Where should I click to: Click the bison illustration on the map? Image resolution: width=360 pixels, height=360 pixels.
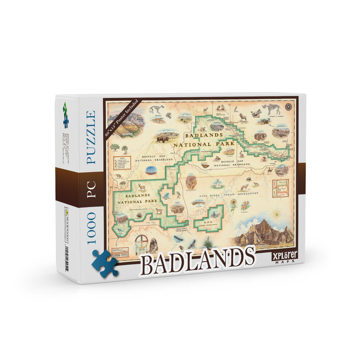click(x=162, y=138)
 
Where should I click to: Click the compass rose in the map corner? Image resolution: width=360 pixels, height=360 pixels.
click(x=288, y=107)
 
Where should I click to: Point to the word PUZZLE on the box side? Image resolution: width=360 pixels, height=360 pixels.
click(x=90, y=137)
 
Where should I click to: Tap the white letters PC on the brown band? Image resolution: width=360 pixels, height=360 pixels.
click(x=90, y=186)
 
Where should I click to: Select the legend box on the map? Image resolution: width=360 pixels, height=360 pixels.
click(x=122, y=163)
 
